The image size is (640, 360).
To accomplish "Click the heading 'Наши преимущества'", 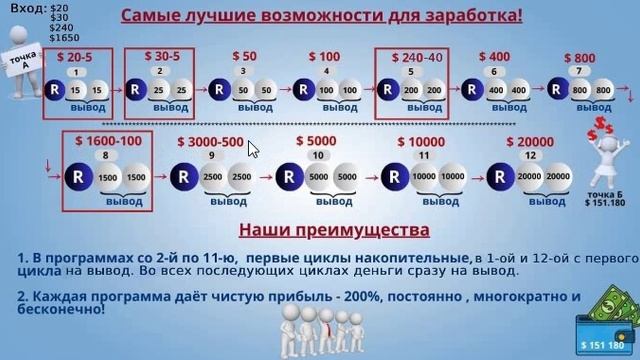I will click(319, 231).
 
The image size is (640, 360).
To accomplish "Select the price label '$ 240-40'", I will click(412, 57).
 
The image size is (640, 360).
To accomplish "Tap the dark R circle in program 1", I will click(52, 89).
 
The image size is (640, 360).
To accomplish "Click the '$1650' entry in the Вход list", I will click(63, 38).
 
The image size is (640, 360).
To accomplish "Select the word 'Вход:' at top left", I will click(21, 8).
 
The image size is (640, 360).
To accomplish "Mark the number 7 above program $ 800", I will click(575, 71).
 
